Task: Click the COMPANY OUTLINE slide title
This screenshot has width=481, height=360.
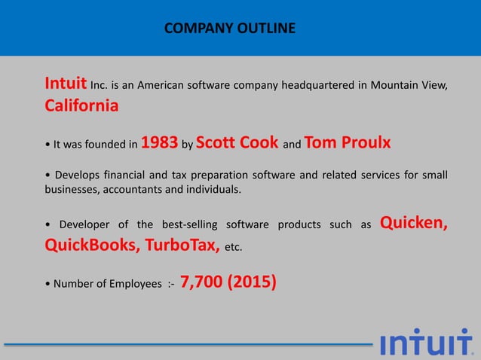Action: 230,29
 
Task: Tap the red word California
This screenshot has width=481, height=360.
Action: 81,105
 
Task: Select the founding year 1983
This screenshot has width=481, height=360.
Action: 160,142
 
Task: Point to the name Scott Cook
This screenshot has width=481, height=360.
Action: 237,142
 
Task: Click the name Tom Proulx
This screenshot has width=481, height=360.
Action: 348,142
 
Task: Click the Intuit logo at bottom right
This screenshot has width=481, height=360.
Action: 427,343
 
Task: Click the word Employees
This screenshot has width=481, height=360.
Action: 133,285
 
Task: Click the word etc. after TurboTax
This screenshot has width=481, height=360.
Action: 234,248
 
